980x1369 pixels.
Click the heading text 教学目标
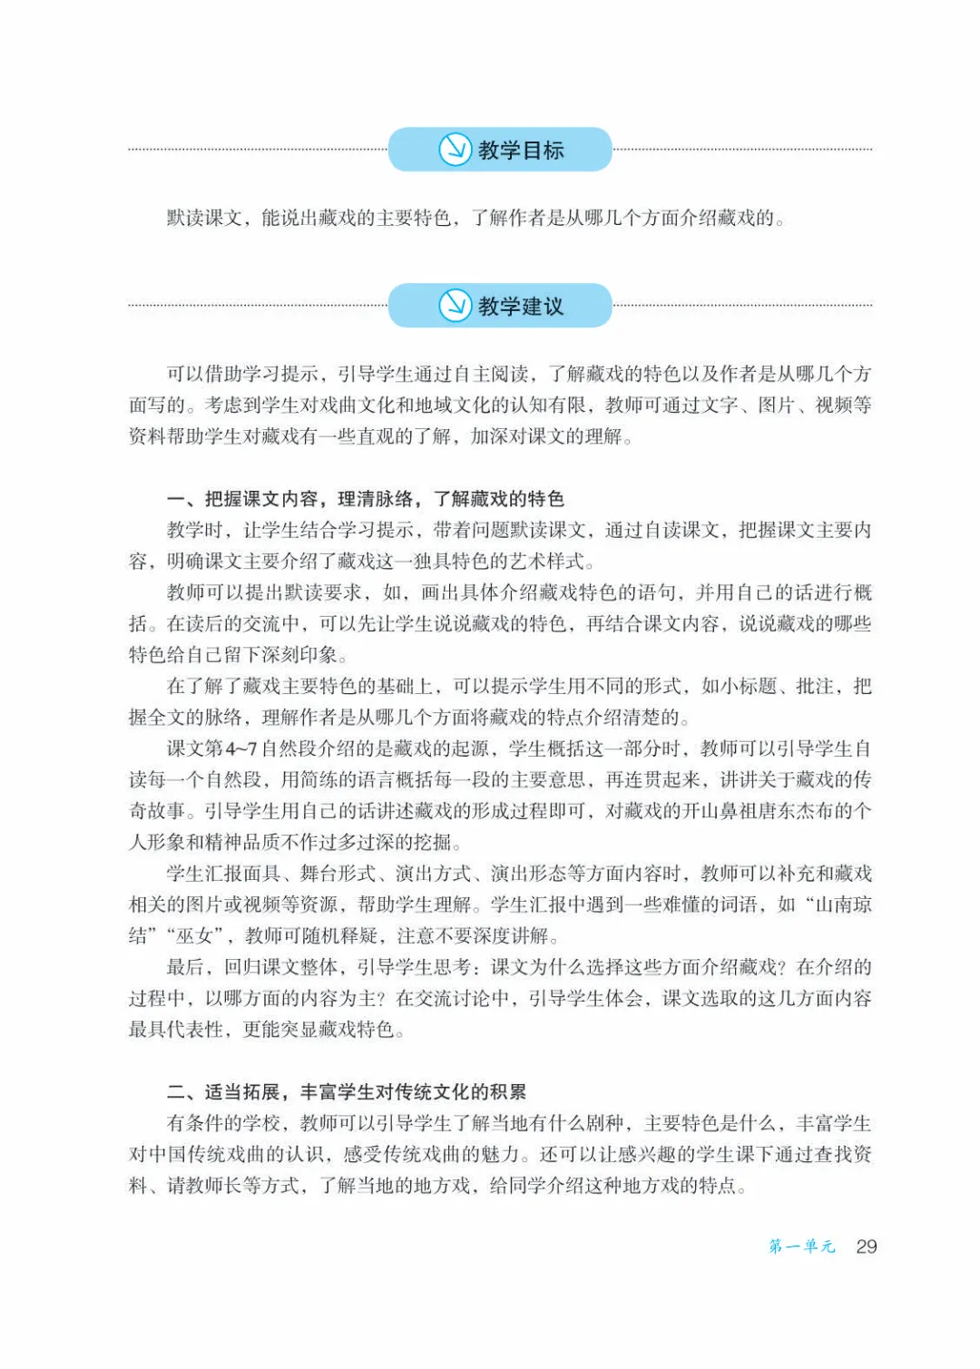tap(521, 151)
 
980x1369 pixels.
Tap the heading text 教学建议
tap(521, 307)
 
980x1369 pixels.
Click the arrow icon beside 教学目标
tap(455, 150)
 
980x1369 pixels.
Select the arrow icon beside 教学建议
tap(455, 306)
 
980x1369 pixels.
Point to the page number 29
tap(866, 1247)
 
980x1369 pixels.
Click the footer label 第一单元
tap(802, 1247)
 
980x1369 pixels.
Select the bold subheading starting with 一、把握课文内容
tap(366, 499)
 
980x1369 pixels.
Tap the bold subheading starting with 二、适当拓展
tap(347, 1092)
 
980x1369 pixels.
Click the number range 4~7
tap(241, 749)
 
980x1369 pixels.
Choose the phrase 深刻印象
tap(299, 655)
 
